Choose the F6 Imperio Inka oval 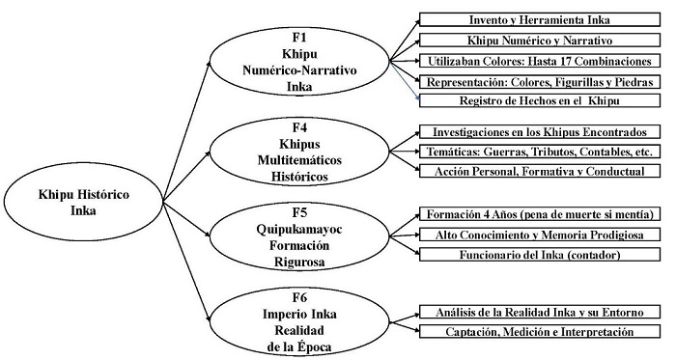[x=286, y=319]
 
